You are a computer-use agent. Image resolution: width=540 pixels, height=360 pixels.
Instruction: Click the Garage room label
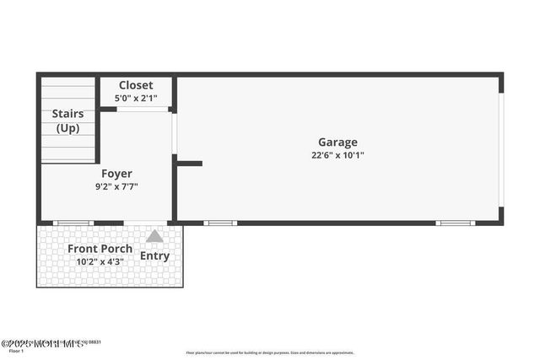pos(337,142)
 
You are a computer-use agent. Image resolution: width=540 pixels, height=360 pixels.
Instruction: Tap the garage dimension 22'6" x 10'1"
pos(337,155)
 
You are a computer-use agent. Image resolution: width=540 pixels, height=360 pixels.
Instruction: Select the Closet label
pos(136,85)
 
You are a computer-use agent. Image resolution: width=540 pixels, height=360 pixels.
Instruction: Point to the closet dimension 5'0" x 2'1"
pos(136,98)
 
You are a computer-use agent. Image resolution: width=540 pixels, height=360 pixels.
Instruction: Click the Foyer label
pos(116,174)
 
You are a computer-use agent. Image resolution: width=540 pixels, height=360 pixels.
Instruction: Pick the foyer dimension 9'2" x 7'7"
pos(116,187)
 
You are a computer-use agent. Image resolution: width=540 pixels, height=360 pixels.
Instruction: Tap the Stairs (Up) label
pos(67,121)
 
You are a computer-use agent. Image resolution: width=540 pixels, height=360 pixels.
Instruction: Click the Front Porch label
pos(100,249)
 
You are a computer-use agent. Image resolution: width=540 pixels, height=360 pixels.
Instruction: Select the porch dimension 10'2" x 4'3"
pos(100,262)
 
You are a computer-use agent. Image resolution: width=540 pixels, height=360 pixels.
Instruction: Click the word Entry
pos(154,255)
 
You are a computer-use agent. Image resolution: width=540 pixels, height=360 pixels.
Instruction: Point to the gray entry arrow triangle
pos(154,237)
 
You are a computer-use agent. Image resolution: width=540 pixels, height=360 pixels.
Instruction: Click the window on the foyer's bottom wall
pos(73,223)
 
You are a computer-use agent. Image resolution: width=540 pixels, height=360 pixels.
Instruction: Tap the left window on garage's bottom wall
pos(220,223)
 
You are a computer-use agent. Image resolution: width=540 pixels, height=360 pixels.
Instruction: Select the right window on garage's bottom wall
pos(456,223)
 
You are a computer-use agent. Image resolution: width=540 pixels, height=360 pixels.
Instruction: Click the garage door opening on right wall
pos(500,149)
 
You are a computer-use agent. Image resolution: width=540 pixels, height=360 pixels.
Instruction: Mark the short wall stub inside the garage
pos(189,163)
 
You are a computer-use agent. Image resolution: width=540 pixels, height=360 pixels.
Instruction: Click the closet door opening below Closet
pos(142,109)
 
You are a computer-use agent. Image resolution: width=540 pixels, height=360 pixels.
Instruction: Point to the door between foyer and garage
pos(174,132)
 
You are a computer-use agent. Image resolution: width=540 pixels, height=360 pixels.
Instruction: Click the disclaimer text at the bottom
pos(270,353)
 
